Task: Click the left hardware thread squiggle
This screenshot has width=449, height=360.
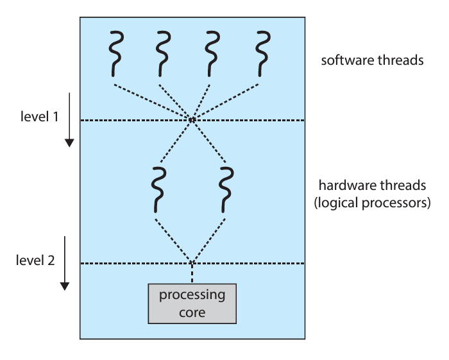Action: (156, 189)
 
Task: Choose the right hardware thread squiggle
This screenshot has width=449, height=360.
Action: (226, 189)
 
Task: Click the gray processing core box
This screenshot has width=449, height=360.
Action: (192, 304)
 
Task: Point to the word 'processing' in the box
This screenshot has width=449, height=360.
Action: (192, 296)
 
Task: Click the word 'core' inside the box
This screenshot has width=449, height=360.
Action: (192, 313)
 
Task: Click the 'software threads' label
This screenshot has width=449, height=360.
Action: (372, 61)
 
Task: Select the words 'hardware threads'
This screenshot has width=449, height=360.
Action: (372, 185)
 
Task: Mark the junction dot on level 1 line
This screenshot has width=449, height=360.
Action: (192, 119)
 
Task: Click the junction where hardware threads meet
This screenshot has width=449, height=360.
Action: (192, 262)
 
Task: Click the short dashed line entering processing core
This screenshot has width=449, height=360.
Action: (192, 273)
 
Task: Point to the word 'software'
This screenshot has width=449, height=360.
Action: (350, 61)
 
